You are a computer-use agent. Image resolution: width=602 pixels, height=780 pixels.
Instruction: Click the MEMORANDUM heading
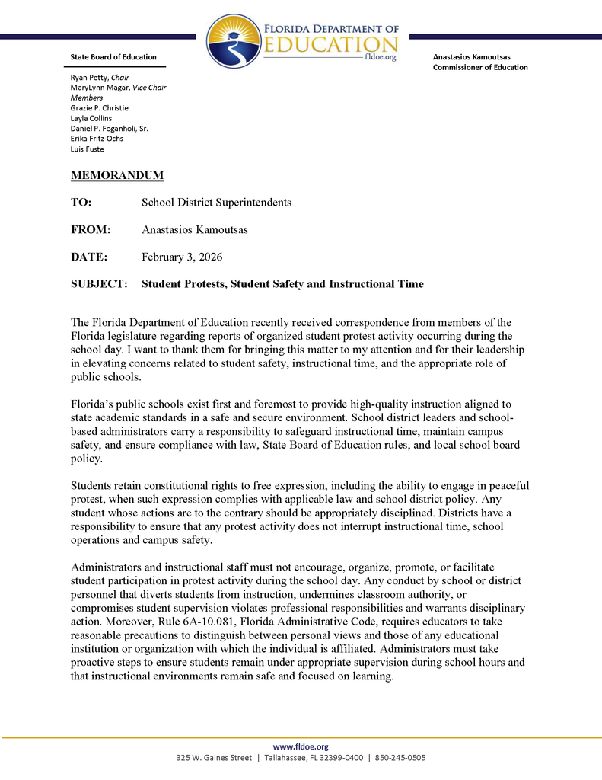pyautogui.click(x=117, y=176)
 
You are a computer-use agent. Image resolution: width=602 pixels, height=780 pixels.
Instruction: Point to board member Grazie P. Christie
pyautogui.click(x=99, y=108)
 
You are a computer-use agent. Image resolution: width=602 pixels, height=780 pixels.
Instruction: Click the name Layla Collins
pyautogui.click(x=91, y=118)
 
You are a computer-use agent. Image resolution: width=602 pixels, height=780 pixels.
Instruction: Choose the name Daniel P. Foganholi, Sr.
pyautogui.click(x=109, y=129)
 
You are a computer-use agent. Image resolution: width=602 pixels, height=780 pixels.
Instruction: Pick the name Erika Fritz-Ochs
pyautogui.click(x=97, y=139)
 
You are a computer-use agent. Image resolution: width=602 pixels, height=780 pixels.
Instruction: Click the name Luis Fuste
pyautogui.click(x=87, y=149)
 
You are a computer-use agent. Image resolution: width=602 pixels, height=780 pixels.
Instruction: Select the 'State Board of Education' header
pyautogui.click(x=113, y=57)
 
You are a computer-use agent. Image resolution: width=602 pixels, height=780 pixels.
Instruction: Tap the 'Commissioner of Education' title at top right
pyautogui.click(x=479, y=67)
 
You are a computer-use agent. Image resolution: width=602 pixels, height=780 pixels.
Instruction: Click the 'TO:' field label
pyautogui.click(x=81, y=203)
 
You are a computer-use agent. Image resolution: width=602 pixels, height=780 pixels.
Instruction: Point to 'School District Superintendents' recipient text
pyautogui.click(x=216, y=203)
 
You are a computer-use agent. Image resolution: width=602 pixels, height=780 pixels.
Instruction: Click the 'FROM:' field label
pyautogui.click(x=91, y=229)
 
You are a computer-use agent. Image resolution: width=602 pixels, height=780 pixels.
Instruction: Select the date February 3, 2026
pyautogui.click(x=182, y=257)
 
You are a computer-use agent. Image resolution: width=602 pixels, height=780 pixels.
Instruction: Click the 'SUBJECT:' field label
pyautogui.click(x=99, y=284)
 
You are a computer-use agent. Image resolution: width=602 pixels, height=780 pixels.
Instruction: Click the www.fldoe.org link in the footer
pyautogui.click(x=301, y=746)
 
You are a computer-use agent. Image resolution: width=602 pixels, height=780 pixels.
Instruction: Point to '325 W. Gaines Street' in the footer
pyautogui.click(x=214, y=758)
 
